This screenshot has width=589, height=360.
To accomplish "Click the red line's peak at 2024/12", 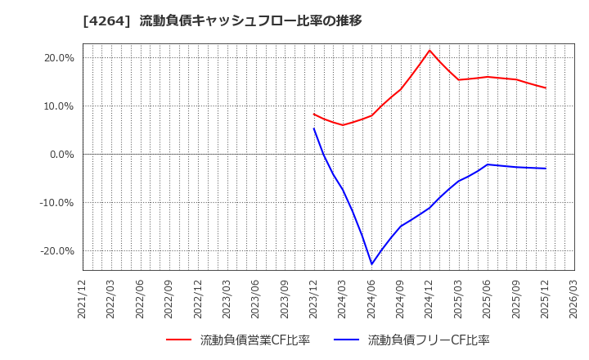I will tap(429, 50).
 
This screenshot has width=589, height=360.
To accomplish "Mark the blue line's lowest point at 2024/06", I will tap(371, 264).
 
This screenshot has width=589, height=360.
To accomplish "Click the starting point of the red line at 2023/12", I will tap(313, 114).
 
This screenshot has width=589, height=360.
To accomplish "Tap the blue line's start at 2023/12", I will tap(313, 128).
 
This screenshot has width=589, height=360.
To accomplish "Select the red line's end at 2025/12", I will tap(545, 88).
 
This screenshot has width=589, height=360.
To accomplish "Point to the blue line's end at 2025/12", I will tap(545, 169).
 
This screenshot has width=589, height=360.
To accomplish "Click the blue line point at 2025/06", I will tap(488, 164).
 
